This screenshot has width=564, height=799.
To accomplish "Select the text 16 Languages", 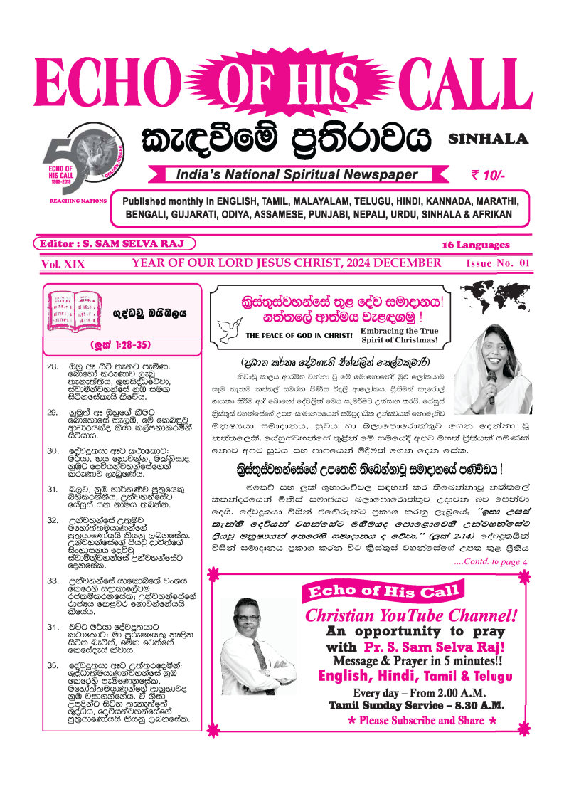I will point(476,245).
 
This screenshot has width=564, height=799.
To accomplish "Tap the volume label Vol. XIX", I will point(63,263).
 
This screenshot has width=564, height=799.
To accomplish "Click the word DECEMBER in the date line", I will point(405,263).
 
